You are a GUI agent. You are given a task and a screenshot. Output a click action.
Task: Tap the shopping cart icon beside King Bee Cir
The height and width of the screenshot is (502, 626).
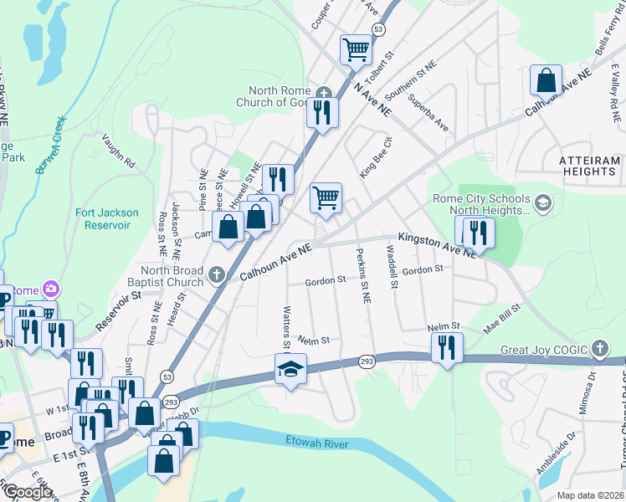coord(326,197)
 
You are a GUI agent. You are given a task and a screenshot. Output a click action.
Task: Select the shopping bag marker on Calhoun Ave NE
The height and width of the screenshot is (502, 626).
coord(546,80)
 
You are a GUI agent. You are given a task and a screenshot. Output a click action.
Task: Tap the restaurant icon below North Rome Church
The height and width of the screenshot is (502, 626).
coord(321,111)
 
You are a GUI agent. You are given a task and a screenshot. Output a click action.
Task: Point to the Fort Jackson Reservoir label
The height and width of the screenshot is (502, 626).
coord(103,218)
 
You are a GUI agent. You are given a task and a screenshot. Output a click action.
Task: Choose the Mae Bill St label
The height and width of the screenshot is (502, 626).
coord(502,319)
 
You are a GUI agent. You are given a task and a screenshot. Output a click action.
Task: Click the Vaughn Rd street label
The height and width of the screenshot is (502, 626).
coord(118,151)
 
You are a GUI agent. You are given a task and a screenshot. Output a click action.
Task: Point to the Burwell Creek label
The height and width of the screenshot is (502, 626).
coord(51,145)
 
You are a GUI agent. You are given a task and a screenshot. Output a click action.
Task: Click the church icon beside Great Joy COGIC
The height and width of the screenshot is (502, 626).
coord(598,348)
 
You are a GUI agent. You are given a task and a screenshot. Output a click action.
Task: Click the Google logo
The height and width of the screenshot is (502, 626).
coord(27,492)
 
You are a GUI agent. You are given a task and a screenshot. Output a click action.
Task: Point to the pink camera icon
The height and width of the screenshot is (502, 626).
coord(52,289)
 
